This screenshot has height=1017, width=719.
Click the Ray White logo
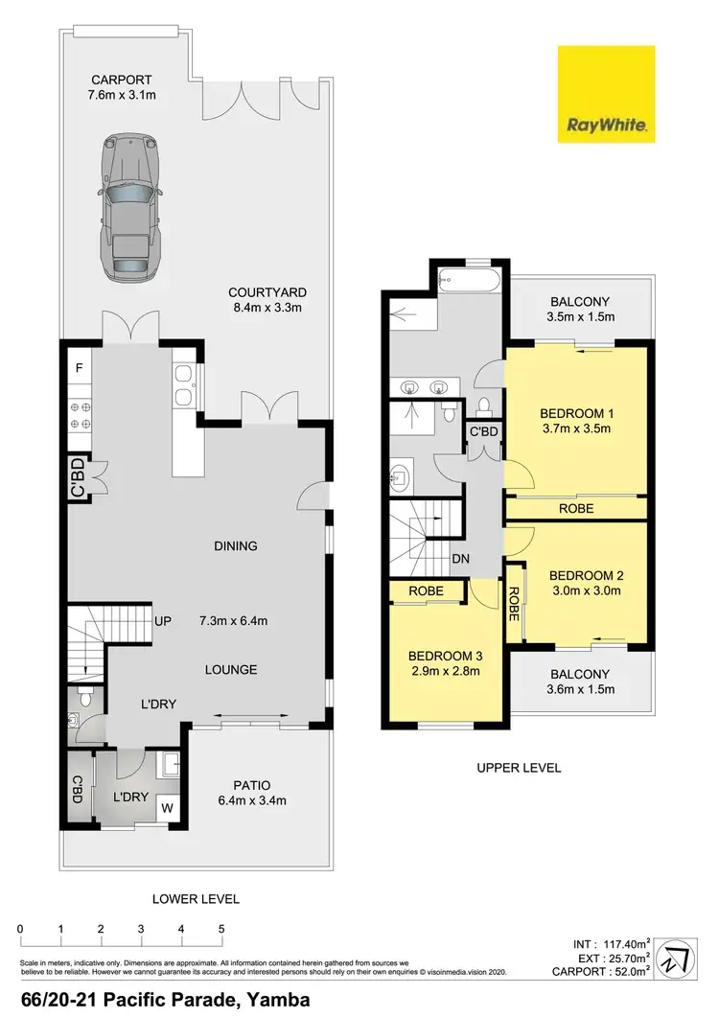pos(607,94)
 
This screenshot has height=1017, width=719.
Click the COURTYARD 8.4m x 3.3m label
pos(266,300)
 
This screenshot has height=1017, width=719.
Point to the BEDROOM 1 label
pos(577,421)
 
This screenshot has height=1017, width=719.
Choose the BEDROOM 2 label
pos(587,583)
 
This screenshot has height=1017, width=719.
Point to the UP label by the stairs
pos(163,621)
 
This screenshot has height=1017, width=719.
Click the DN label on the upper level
pos(460,559)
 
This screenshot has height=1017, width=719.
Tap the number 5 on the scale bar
pos(221,929)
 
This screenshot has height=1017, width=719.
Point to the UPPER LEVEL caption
pos(518,768)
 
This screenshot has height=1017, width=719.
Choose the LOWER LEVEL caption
pos(196,899)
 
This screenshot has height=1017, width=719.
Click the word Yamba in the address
pos(277,1001)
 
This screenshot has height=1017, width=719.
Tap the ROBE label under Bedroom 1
pos(576,509)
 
